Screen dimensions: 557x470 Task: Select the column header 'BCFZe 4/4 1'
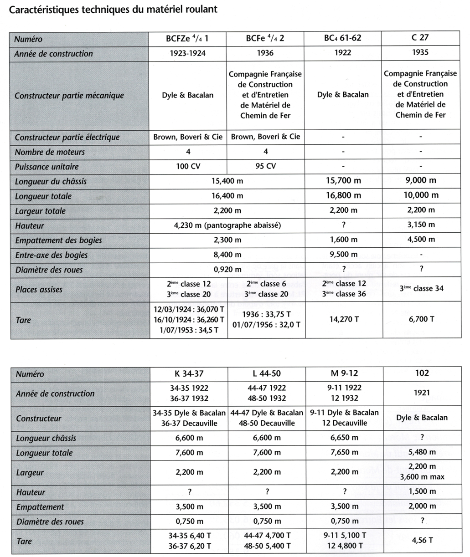click(188, 39)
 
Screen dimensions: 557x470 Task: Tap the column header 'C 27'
click(420, 38)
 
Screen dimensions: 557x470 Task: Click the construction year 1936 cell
click(265, 53)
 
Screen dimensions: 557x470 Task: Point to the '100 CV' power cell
click(188, 166)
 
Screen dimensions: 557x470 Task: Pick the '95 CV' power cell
click(265, 166)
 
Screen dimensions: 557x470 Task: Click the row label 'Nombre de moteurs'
click(50, 152)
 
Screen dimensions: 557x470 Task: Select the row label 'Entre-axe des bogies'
click(51, 255)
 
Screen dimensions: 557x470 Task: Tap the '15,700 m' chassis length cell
click(343, 181)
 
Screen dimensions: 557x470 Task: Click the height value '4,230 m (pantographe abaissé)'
click(227, 225)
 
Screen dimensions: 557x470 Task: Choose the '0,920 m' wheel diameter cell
click(227, 269)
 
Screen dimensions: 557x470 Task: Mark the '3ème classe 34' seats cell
click(420, 288)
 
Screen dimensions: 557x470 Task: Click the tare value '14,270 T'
click(343, 319)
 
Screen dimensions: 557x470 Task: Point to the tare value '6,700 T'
click(420, 319)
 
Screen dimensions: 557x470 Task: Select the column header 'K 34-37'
click(189, 374)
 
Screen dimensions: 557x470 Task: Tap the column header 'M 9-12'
click(344, 373)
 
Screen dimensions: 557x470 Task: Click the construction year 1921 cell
click(422, 393)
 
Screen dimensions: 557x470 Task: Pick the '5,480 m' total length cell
click(422, 452)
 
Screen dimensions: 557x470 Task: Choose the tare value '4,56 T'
click(422, 540)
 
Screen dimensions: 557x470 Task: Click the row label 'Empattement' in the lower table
click(40, 507)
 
